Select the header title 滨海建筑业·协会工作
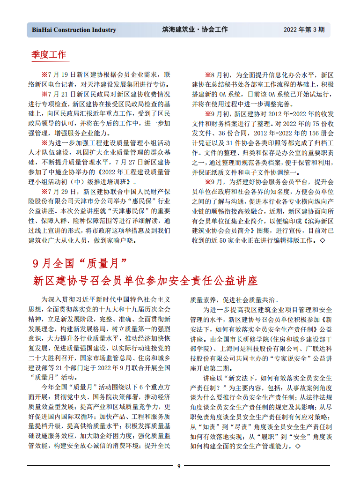point(195,30)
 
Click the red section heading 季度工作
point(49,54)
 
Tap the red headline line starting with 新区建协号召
point(146,281)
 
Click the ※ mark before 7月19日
point(45,74)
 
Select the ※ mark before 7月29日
point(45,192)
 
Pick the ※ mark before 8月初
point(208,74)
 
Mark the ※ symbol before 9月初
point(208,113)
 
